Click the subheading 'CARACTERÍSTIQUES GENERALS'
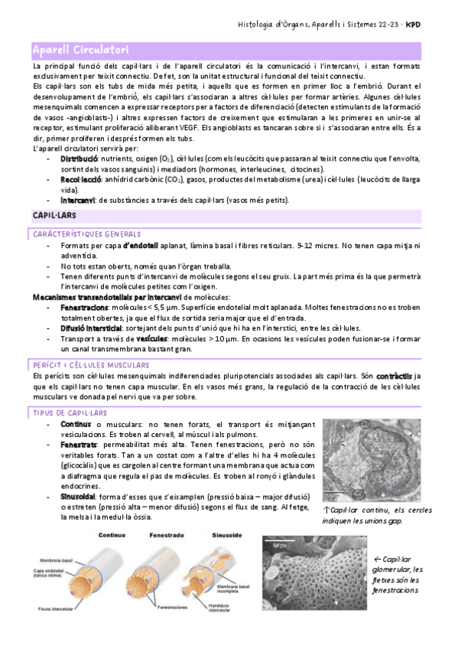click(86, 233)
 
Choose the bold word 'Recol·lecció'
click(81, 179)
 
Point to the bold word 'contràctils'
click(395, 377)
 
